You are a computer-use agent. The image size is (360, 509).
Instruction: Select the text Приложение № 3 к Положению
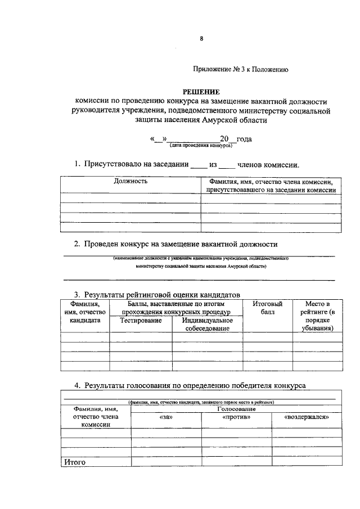(241, 70)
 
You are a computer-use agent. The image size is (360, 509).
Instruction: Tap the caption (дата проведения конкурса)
(201, 145)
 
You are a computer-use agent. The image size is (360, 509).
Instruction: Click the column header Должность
(131, 182)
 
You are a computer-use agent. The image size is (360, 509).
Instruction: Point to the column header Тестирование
(141, 320)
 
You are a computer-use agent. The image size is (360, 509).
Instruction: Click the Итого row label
(74, 462)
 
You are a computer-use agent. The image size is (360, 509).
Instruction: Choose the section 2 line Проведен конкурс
(176, 244)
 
